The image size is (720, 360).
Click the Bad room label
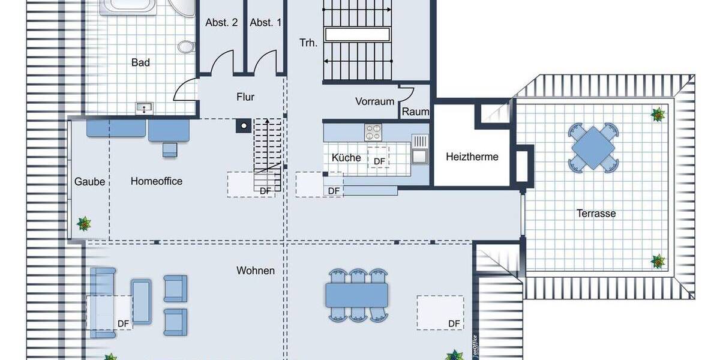click(x=140, y=62)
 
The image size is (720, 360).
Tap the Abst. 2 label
click(x=221, y=23)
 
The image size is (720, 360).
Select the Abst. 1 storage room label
click(x=265, y=23)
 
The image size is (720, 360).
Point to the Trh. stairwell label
click(x=308, y=43)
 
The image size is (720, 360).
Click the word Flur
click(x=245, y=97)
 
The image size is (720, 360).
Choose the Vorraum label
click(x=374, y=101)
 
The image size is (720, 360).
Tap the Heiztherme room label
click(x=472, y=157)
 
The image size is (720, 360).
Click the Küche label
click(x=346, y=158)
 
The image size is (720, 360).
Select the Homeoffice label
click(x=157, y=181)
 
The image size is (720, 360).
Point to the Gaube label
click(x=90, y=182)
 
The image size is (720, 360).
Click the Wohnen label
click(x=256, y=271)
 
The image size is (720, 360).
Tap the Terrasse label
click(x=596, y=213)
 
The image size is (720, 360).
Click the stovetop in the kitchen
click(x=373, y=131)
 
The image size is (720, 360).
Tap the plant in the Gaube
click(x=84, y=224)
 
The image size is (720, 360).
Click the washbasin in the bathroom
click(x=145, y=108)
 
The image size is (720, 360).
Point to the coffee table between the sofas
click(x=142, y=300)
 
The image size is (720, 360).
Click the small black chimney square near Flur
click(x=243, y=125)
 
